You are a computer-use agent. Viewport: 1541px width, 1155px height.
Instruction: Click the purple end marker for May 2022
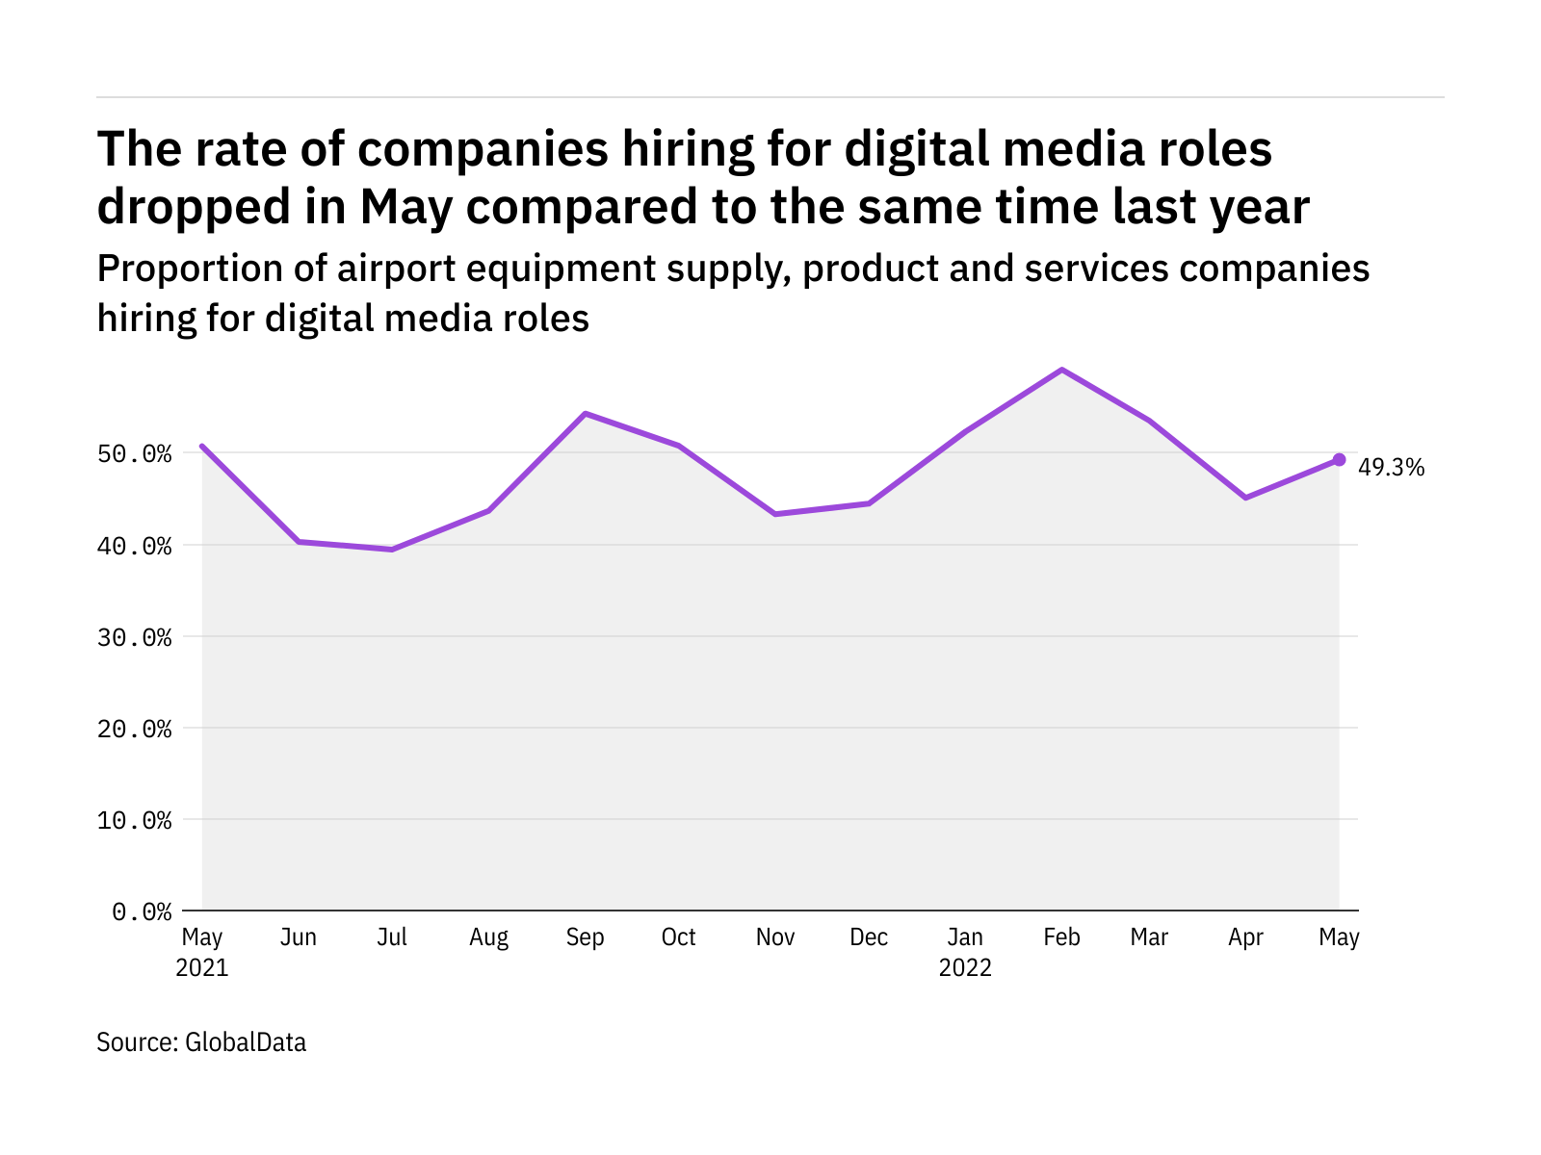(x=1339, y=460)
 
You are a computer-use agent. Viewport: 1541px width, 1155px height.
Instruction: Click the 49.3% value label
(x=1391, y=468)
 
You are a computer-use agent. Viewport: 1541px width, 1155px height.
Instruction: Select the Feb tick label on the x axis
(x=1061, y=937)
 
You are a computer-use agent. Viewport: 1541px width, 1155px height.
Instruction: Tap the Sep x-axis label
(x=585, y=937)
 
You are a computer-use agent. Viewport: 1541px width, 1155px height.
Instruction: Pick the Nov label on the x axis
(x=775, y=937)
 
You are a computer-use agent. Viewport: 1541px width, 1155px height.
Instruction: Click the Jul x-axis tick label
(x=392, y=937)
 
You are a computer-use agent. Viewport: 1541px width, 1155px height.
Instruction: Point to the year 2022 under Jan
(x=965, y=968)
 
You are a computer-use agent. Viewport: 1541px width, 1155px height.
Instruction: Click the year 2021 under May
(x=202, y=968)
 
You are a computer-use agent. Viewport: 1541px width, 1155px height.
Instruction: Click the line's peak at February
(x=1061, y=370)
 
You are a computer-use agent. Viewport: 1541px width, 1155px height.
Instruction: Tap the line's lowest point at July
(x=392, y=550)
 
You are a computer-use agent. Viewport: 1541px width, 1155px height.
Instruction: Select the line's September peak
(x=586, y=414)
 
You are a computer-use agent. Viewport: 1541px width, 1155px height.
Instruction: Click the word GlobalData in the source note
(x=246, y=1042)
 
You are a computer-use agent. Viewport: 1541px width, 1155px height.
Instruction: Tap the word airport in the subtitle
(x=396, y=269)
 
